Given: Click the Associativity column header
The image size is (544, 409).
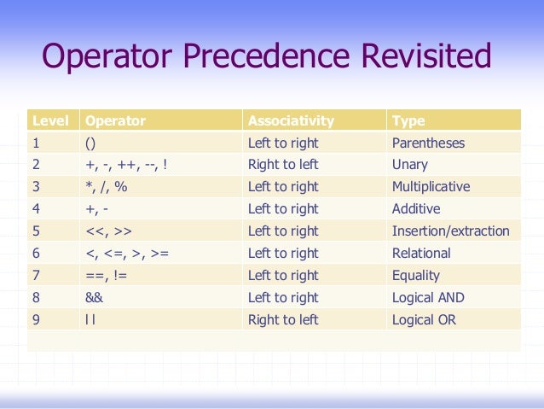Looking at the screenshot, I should point(291,121).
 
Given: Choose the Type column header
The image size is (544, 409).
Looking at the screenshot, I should point(408,121).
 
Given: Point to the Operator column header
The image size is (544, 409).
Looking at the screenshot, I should point(116,121).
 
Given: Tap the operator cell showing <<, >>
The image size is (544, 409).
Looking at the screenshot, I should point(107,231).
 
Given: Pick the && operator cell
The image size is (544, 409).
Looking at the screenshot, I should point(95,298).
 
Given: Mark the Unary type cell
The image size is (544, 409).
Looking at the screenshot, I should point(410,165).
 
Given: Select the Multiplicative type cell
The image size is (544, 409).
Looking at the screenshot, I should point(431,187).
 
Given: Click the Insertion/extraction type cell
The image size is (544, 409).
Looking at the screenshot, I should point(450,231).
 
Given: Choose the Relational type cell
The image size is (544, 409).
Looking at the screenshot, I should point(421,254).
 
